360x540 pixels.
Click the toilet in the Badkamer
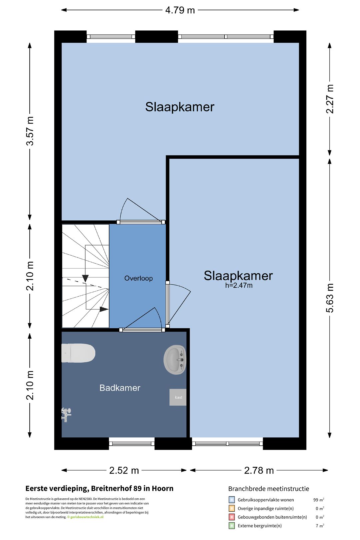tap(78, 353)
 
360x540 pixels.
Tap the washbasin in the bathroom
tap(175, 360)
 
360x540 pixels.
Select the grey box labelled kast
tap(178, 397)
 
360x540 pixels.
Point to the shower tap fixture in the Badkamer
tap(66, 415)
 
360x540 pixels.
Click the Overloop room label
tap(138, 278)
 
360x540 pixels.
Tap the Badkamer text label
tap(120, 388)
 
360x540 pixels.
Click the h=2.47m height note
tap(239, 285)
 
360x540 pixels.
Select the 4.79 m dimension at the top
tap(180, 10)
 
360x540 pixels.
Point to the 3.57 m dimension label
tap(30, 131)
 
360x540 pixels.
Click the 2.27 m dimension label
tap(330, 99)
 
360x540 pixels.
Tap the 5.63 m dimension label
tap(330, 298)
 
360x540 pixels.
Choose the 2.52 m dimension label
tap(124, 470)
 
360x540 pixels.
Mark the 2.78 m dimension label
tap(259, 470)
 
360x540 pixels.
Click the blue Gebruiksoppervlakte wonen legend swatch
tap(231, 499)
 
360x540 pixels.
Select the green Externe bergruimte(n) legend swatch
tap(231, 526)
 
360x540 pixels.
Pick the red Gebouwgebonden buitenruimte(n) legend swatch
tap(231, 517)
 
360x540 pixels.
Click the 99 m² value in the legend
tap(319, 500)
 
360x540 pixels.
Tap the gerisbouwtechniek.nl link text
tap(87, 517)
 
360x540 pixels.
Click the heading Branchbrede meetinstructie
tap(269, 489)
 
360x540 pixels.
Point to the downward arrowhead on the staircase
tap(85, 278)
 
